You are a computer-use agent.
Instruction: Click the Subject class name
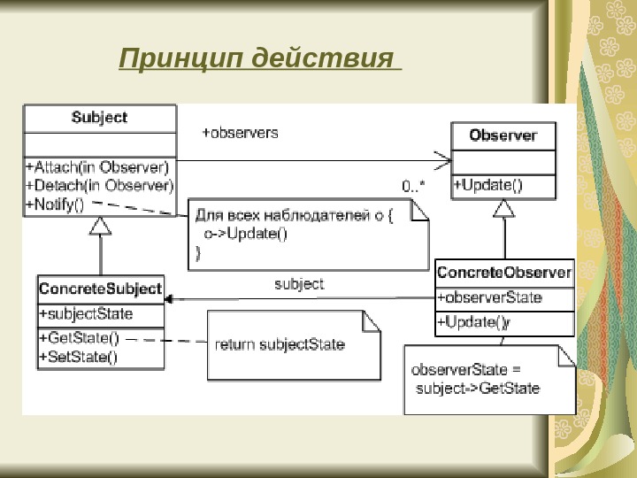[x=99, y=117]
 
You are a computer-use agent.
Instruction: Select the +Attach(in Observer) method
[x=98, y=166]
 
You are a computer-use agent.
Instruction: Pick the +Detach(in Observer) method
[x=100, y=185]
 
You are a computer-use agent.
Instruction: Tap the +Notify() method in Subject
[x=55, y=204]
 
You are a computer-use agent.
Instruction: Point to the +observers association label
[x=241, y=133]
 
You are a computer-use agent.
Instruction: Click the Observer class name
[x=503, y=135]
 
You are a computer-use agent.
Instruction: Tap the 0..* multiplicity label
[x=413, y=186]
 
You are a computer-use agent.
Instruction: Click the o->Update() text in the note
[x=246, y=235]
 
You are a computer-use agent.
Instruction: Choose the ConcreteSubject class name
[x=100, y=289]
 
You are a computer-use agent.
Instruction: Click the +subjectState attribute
[x=86, y=313]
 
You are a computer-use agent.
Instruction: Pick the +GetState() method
[x=79, y=338]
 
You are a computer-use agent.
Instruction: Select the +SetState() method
[x=78, y=356]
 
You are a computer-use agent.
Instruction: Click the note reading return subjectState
[x=280, y=344]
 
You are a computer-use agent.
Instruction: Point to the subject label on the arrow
[x=299, y=284]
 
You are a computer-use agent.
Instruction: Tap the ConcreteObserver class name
[x=504, y=272]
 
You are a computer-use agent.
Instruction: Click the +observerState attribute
[x=490, y=297]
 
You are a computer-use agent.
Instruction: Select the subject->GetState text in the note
[x=478, y=388]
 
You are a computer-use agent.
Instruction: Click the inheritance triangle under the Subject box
[x=101, y=227]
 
